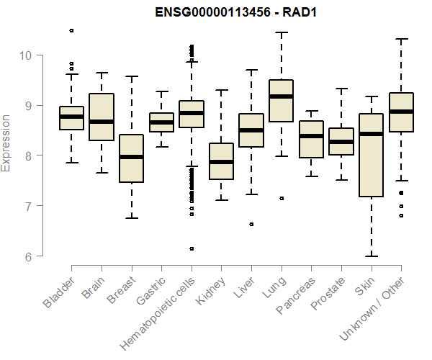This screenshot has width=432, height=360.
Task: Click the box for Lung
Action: (x=281, y=101)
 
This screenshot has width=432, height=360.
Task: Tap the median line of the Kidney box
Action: (x=221, y=162)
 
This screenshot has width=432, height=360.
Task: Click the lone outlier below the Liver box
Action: (x=251, y=224)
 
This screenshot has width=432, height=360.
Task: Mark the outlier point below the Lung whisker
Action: (x=281, y=198)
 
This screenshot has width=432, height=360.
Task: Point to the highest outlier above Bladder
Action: (x=71, y=30)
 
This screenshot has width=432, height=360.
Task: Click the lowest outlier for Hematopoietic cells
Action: (x=191, y=248)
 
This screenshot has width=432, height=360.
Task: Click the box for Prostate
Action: (x=341, y=141)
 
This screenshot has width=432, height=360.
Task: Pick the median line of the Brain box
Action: (x=102, y=121)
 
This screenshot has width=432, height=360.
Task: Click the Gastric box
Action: (x=161, y=122)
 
